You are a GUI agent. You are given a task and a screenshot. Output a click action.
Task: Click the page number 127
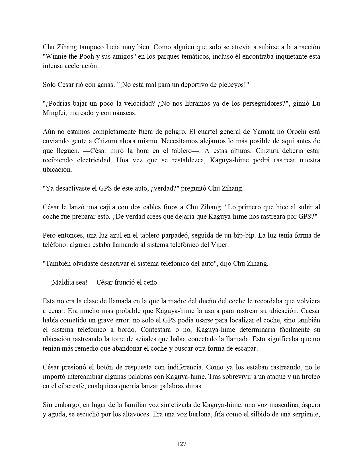coord(181,444)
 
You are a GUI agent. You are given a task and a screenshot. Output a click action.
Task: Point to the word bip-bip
coord(241,235)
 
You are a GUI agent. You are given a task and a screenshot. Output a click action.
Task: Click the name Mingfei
coord(54,113)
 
